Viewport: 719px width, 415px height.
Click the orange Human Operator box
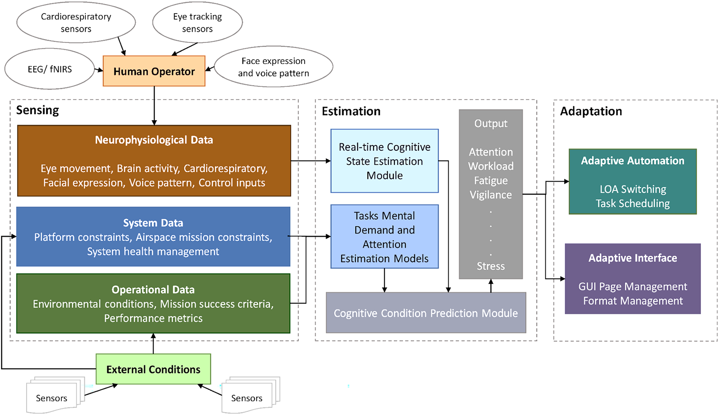tap(154, 71)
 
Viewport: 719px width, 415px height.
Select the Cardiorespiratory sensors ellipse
tap(76, 22)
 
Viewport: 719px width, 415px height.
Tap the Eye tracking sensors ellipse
tap(197, 22)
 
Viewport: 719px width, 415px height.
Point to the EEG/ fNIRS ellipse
tap(50, 69)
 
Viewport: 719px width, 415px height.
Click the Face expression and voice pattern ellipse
tap(273, 67)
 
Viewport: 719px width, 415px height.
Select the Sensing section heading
tap(37, 110)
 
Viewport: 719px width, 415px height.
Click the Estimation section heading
tap(351, 111)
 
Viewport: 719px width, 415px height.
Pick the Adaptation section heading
tap(591, 111)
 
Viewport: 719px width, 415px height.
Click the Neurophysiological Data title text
tap(154, 140)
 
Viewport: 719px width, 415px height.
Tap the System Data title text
tap(153, 223)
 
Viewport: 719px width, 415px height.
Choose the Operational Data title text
tap(153, 290)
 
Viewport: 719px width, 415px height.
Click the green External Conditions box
tap(153, 369)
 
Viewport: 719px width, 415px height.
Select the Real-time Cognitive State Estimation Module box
tap(384, 161)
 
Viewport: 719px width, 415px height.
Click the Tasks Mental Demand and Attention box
tap(384, 237)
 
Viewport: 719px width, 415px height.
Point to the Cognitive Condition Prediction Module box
tap(426, 313)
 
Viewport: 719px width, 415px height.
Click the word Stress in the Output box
tap(490, 266)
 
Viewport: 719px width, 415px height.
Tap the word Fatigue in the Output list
tap(490, 181)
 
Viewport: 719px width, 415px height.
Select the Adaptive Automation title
tap(632, 161)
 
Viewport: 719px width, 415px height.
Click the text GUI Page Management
tap(632, 287)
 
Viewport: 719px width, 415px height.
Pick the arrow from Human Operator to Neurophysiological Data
tap(154, 106)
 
